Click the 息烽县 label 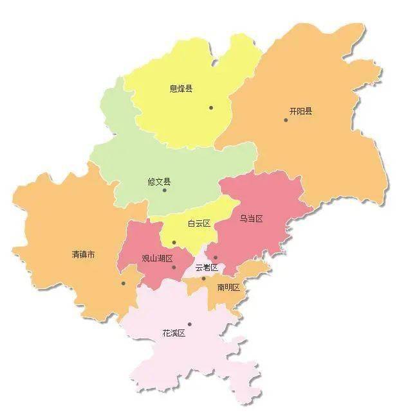tap(181, 89)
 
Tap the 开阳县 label tap(301, 111)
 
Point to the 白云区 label tap(199, 223)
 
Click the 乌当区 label tap(251, 219)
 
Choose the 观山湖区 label tap(157, 259)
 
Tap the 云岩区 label tap(207, 267)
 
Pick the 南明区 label tap(228, 287)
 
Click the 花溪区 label tap(174, 333)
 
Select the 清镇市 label tap(83, 254)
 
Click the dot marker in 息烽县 tap(210, 108)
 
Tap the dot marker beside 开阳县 tap(286, 120)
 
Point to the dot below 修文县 tap(164, 190)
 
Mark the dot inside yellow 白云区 tap(174, 243)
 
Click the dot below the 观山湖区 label tap(174, 267)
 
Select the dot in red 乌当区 tap(216, 258)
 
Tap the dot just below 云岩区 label tap(203, 278)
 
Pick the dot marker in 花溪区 tap(189, 324)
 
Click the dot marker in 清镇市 tap(123, 283)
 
